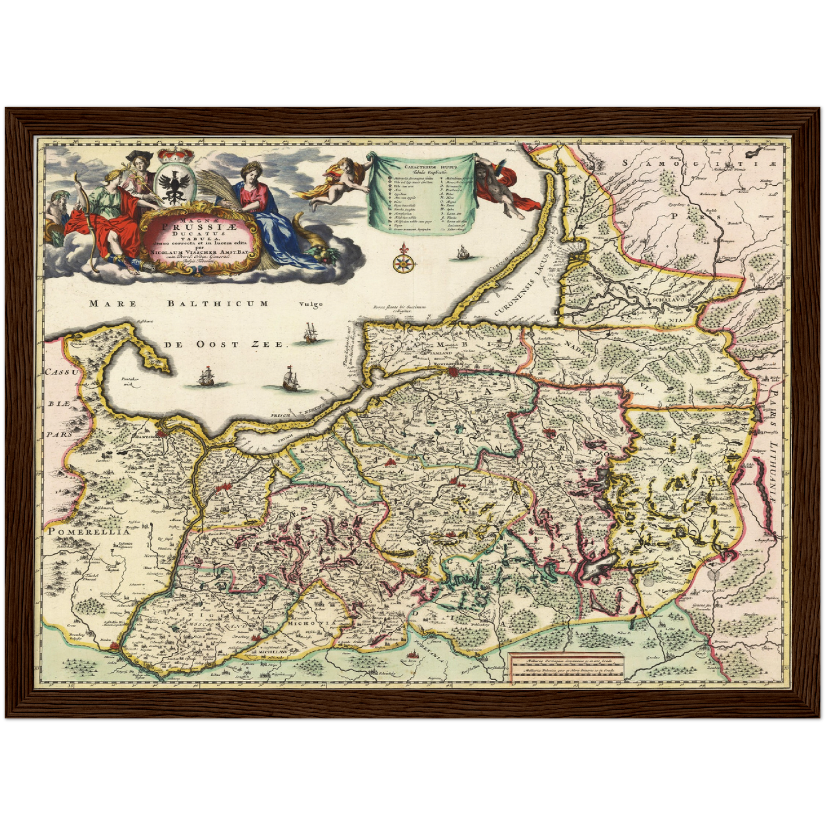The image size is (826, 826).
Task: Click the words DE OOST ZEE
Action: pos(223,344)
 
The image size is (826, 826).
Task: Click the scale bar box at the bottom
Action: pos(564,666)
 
